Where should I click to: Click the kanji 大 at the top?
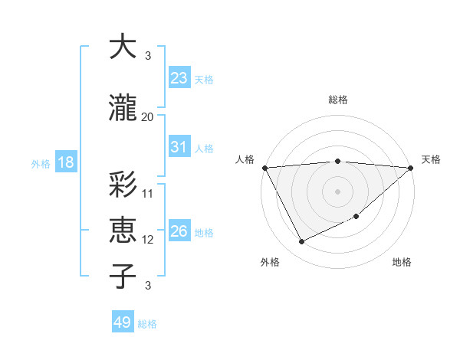(123, 47)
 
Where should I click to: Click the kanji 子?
(123, 276)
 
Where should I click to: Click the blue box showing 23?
(179, 77)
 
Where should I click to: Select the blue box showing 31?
(179, 147)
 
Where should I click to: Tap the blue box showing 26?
(179, 231)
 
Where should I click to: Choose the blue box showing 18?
(65, 162)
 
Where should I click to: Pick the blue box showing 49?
(123, 322)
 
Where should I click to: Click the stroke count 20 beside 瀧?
(148, 117)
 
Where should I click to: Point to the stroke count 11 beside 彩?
(148, 193)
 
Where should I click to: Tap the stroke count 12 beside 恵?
(148, 240)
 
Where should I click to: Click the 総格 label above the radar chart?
(337, 100)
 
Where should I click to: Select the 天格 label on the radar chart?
(432, 159)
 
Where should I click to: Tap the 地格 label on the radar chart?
(402, 262)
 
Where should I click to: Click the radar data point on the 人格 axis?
(264, 168)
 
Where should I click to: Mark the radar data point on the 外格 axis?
(301, 242)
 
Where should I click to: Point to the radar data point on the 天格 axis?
(410, 168)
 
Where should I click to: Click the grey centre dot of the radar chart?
(337, 191)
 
